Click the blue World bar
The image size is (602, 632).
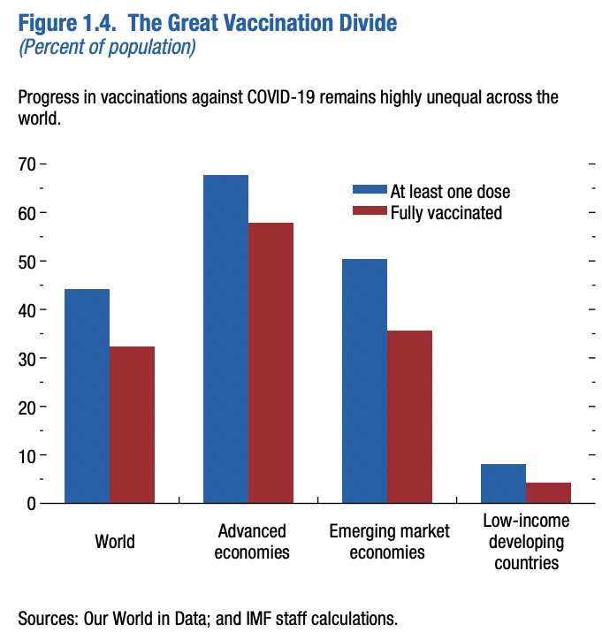tap(87, 396)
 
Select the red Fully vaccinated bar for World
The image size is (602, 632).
tap(132, 424)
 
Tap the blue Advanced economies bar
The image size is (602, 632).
tap(225, 339)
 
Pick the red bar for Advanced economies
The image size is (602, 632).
tap(271, 362)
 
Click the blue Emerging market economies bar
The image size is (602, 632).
tap(364, 381)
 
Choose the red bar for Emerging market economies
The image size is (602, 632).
tap(409, 416)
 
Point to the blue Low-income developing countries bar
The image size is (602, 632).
tap(503, 484)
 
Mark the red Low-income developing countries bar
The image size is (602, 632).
tap(548, 493)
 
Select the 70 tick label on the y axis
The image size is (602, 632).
tap(27, 164)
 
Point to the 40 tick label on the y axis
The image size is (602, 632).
tap(27, 310)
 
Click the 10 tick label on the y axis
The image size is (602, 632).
tap(27, 456)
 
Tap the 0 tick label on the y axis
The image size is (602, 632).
tap(31, 504)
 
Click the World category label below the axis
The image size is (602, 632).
tap(115, 540)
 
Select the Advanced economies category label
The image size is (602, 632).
tap(252, 541)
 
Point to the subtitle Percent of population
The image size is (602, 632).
tap(107, 47)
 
